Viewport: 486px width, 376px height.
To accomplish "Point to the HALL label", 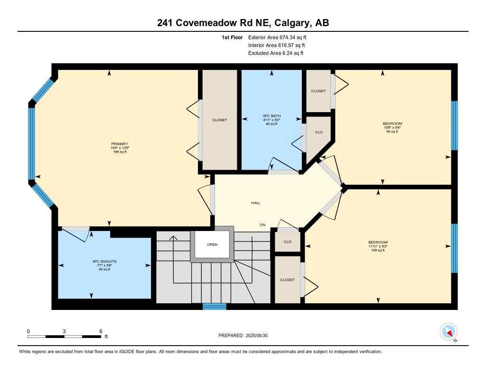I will (x=256, y=203).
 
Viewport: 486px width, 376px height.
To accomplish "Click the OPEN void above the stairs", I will (x=212, y=245).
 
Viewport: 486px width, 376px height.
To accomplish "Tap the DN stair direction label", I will (x=262, y=225).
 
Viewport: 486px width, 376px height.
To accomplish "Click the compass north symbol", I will (x=449, y=331).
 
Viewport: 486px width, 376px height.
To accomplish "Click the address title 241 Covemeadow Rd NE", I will (x=243, y=23).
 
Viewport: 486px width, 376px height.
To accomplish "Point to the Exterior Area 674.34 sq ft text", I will (x=280, y=37).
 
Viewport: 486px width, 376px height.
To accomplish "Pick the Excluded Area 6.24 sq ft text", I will (x=276, y=53).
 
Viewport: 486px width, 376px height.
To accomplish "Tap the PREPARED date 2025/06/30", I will (x=246, y=336).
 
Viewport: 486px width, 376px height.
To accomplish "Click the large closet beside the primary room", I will (x=219, y=120).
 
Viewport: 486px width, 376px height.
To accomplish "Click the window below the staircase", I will (x=215, y=307).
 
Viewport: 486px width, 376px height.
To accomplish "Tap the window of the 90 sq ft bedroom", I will (x=454, y=125).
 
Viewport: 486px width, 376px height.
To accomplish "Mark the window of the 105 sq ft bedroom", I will (x=454, y=248).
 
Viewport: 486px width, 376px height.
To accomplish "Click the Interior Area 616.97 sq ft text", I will (x=276, y=45).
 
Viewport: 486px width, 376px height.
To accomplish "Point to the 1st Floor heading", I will (x=232, y=37).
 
